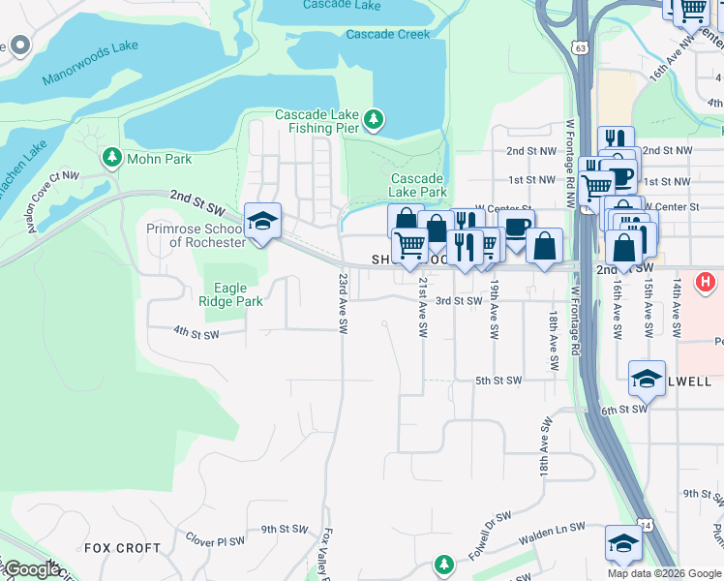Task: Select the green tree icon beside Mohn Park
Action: click(x=113, y=157)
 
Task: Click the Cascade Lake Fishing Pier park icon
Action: click(x=374, y=121)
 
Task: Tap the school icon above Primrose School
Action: click(x=262, y=222)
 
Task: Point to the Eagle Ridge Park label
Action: click(x=230, y=294)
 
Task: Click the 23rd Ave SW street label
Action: click(x=343, y=303)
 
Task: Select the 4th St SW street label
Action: click(x=196, y=333)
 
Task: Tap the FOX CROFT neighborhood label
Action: click(x=122, y=548)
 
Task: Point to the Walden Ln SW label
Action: click(x=553, y=529)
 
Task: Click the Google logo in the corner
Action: click(x=32, y=569)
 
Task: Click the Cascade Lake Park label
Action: click(x=417, y=185)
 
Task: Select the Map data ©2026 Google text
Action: click(x=664, y=573)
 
